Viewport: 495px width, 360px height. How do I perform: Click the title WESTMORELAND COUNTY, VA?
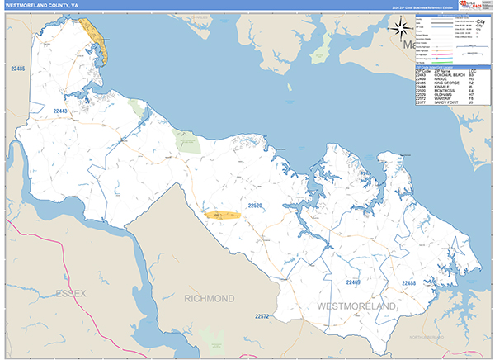point(42,5)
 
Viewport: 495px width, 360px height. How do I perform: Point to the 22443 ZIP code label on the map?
point(59,111)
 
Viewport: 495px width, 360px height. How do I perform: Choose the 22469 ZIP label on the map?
point(354,282)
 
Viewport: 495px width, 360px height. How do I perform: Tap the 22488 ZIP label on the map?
point(408,282)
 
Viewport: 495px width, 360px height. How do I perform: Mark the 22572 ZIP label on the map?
point(262,316)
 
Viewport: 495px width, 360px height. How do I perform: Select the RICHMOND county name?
point(210,298)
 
